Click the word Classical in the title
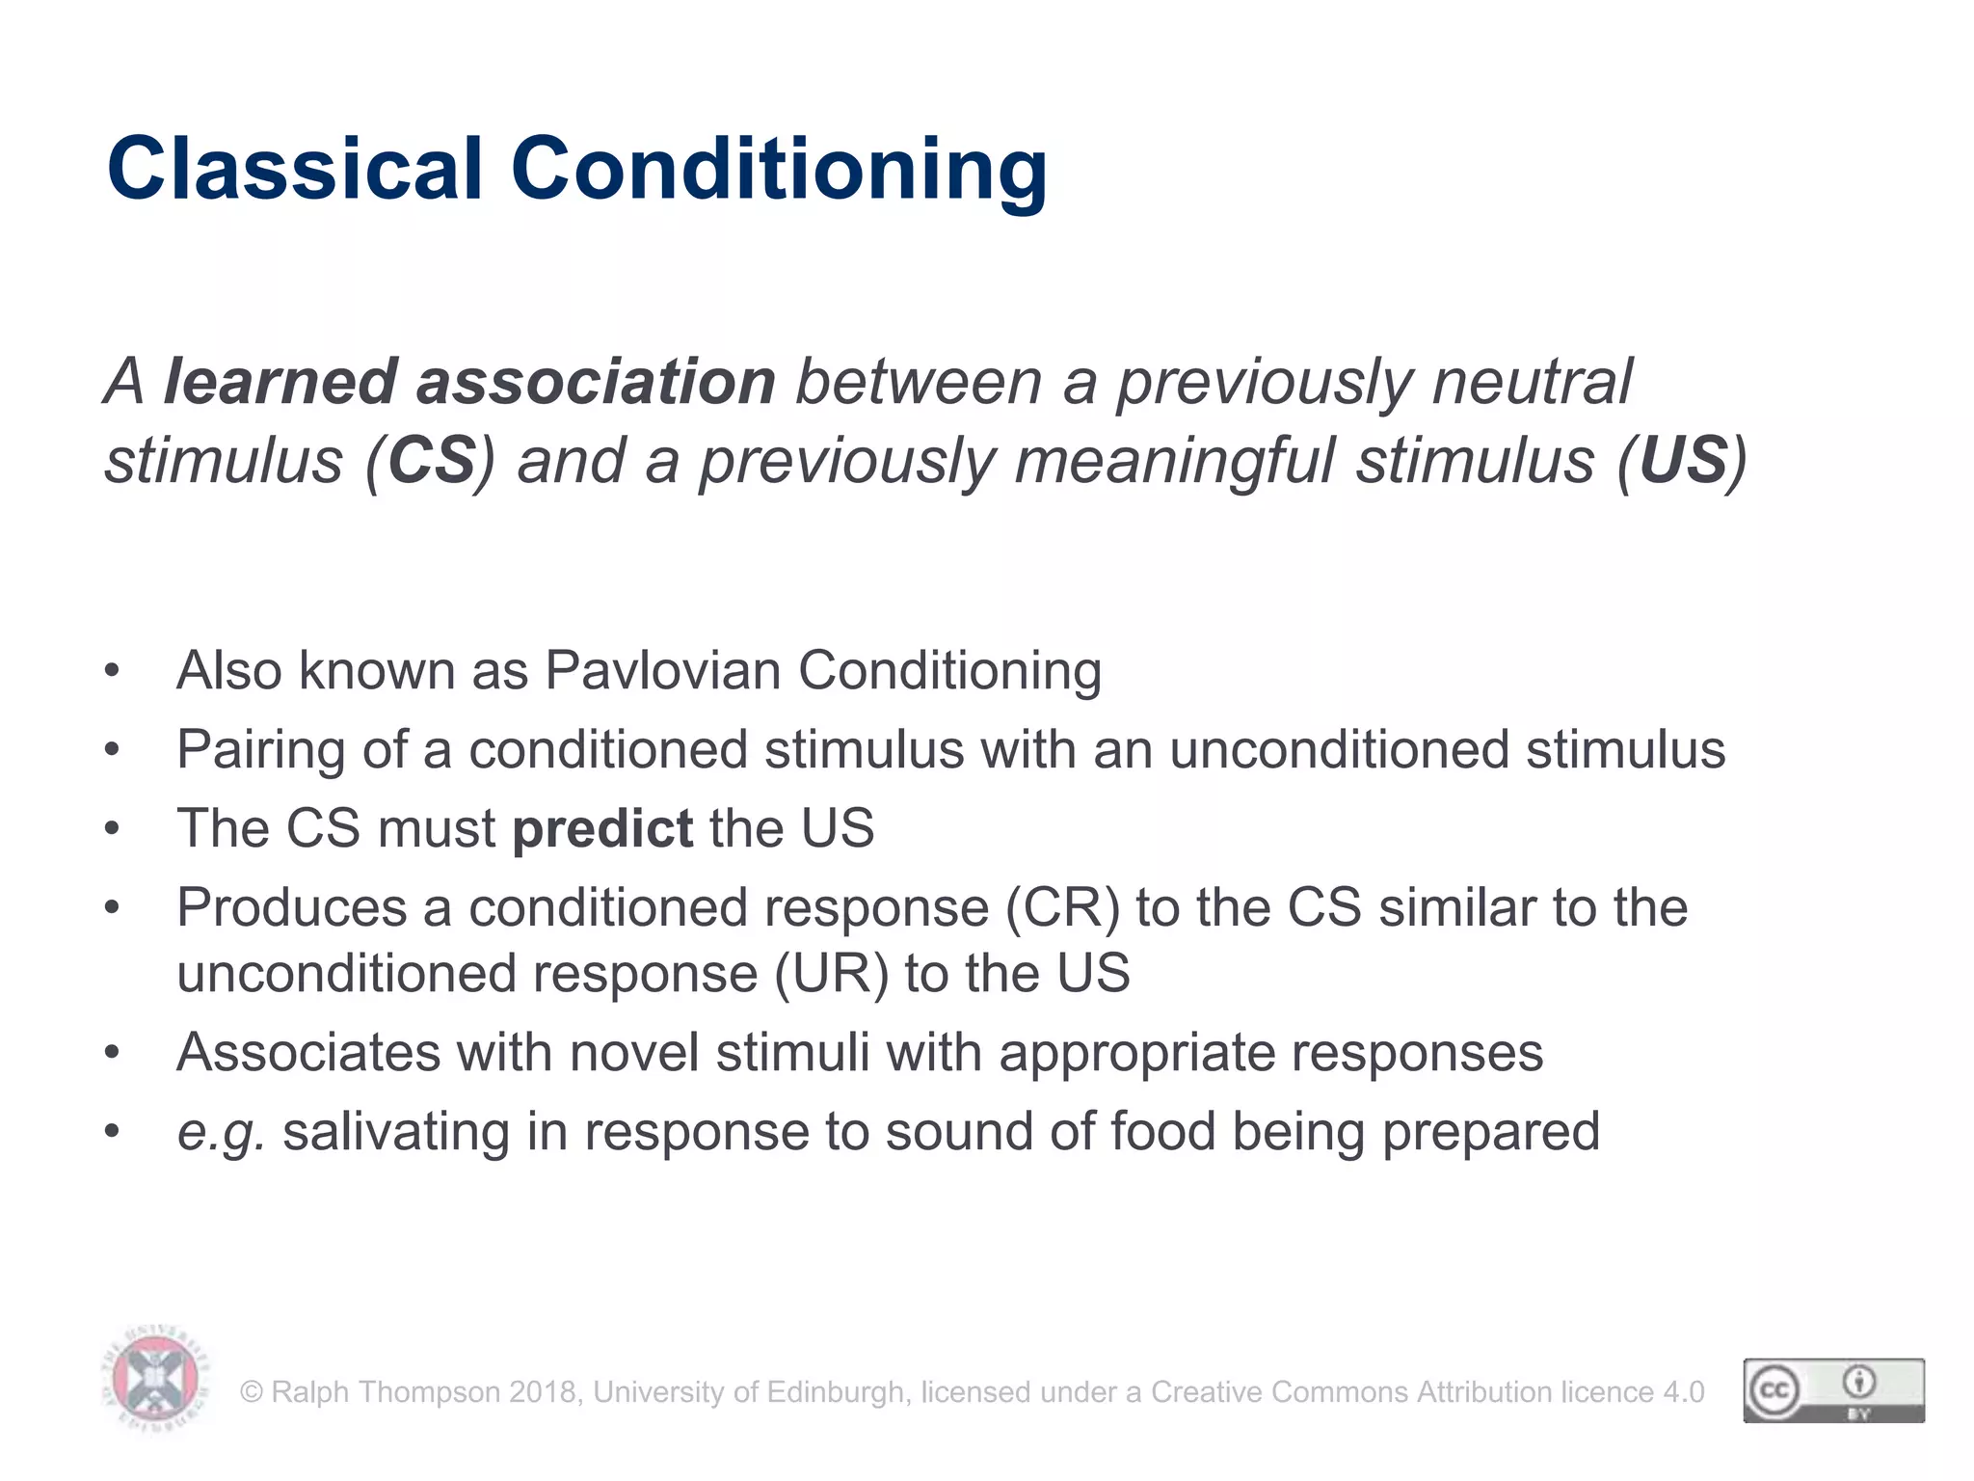[294, 169]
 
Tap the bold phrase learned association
[469, 382]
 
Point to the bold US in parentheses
[1683, 461]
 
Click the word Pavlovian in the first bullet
[662, 671]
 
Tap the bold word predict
[602, 829]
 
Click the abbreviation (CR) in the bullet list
[1062, 909]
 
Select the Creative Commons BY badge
[1833, 1390]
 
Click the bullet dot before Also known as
[113, 671]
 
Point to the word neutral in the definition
[1532, 382]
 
